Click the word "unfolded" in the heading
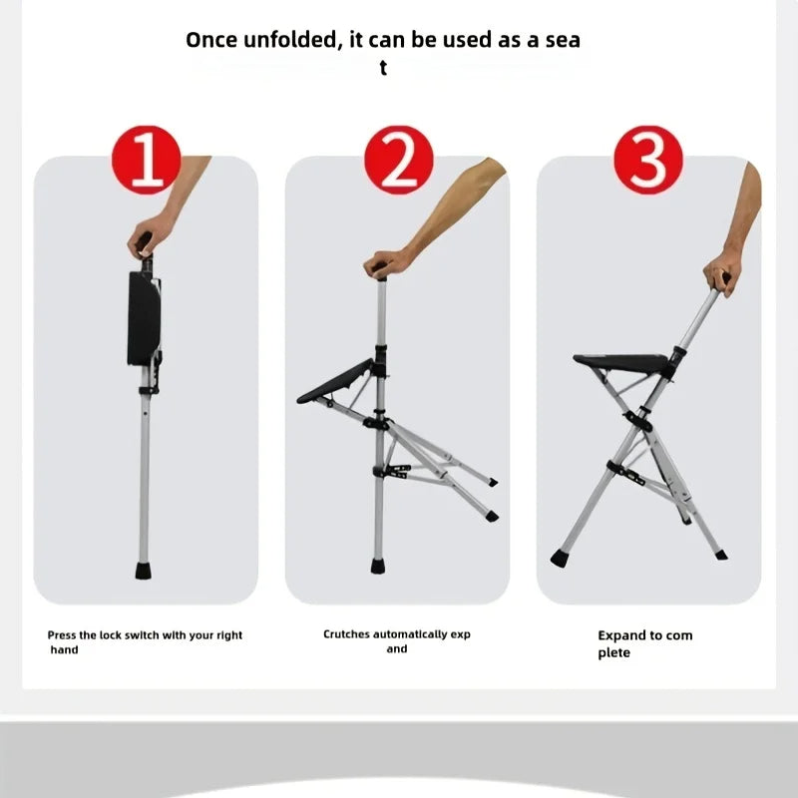coord(289,41)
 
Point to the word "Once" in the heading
coord(213,41)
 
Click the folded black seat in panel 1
coord(144,317)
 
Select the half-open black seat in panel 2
coord(335,383)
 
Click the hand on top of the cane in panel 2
coord(390,263)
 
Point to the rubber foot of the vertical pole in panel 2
coord(378,566)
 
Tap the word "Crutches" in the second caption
coord(347,634)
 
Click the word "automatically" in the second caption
coord(411,634)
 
